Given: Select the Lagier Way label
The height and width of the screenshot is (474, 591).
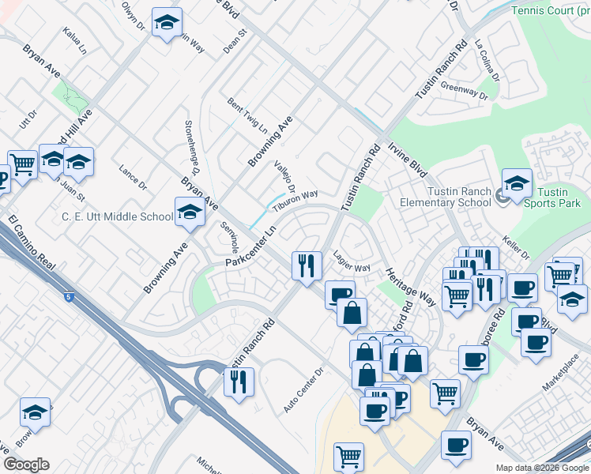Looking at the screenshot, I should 352,264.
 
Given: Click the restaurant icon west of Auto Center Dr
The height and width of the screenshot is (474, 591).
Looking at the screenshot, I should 238,382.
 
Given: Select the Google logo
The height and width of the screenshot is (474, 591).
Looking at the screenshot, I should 26,464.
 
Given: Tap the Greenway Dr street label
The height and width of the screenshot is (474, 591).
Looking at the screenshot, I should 465,91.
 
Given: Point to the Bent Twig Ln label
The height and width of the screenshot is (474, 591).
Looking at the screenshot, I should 247,115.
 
